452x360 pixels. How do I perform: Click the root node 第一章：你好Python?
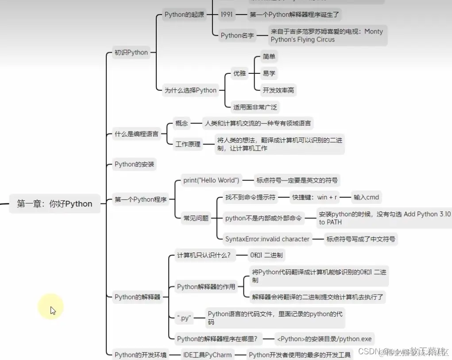click(x=54, y=204)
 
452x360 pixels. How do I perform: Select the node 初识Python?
click(x=131, y=52)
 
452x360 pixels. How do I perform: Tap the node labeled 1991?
click(x=226, y=15)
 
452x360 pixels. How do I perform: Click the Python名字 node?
click(x=237, y=35)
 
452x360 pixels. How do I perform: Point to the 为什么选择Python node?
click(x=190, y=90)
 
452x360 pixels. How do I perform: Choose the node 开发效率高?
click(x=278, y=90)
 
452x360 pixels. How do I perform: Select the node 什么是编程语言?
click(x=136, y=134)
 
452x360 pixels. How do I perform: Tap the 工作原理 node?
click(x=188, y=144)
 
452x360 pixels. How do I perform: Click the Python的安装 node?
click(x=135, y=164)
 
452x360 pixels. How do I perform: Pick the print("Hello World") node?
click(x=211, y=180)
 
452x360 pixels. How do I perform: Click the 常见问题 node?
click(x=196, y=218)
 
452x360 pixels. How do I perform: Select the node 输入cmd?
click(x=366, y=197)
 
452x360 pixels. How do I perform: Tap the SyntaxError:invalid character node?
click(x=267, y=239)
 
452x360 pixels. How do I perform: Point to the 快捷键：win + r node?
click(x=314, y=197)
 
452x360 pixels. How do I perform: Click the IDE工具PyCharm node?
click(x=207, y=355)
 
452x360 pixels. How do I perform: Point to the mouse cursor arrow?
click(x=53, y=310)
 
